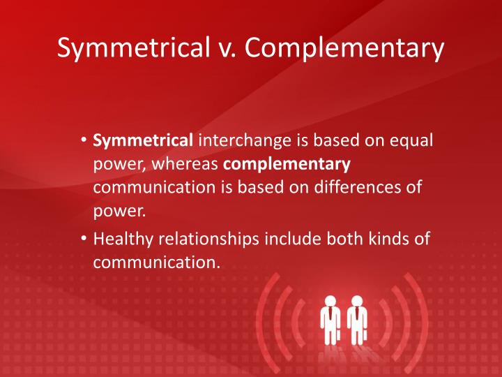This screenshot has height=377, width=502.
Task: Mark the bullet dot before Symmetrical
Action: tap(84, 141)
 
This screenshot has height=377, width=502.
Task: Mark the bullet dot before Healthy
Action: tap(84, 239)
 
